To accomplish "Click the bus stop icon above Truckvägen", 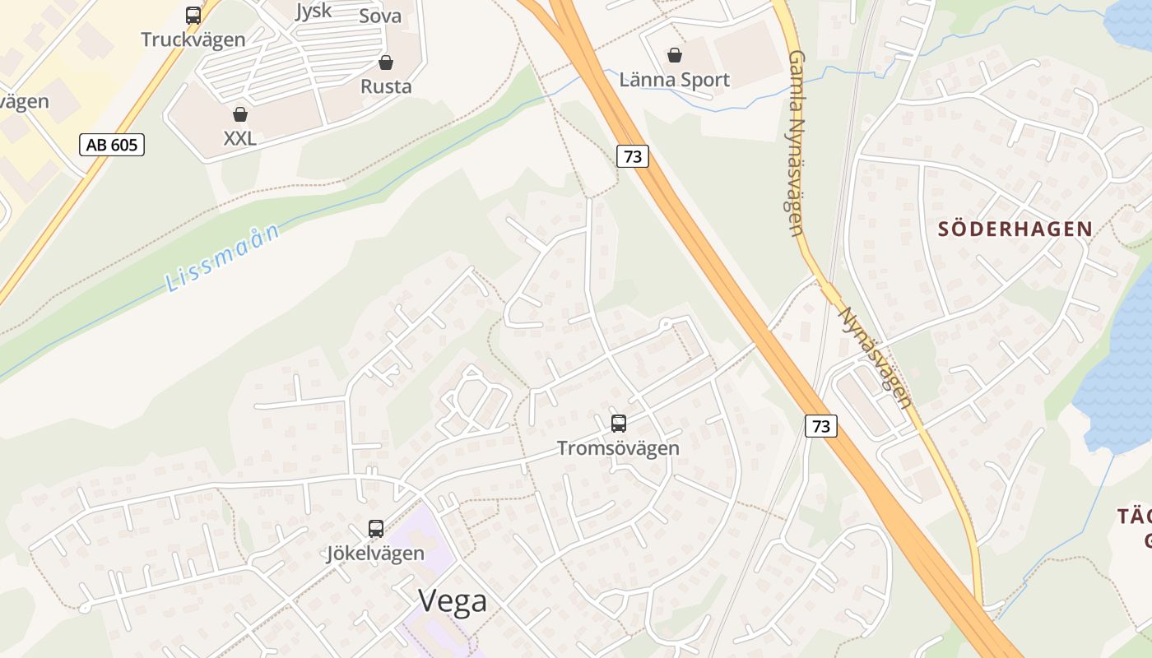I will tap(193, 15).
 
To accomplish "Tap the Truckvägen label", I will tap(193, 39).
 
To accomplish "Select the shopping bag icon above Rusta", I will tap(386, 63).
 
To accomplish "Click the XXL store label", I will tap(240, 138).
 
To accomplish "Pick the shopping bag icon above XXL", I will tap(240, 114).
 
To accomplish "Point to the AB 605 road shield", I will tap(112, 146).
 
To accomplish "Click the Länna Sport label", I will tap(675, 80).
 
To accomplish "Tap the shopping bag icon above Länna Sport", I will tap(675, 55).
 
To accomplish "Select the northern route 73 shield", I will tap(633, 156).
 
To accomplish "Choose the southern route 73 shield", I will tap(820, 426).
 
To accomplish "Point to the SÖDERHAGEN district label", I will tap(1015, 229).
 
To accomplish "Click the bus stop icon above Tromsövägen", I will tap(619, 424).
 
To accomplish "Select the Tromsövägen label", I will tap(618, 448).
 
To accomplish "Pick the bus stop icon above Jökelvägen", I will tap(376, 529).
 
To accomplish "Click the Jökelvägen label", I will tap(376, 553).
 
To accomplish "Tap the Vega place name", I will tap(453, 601).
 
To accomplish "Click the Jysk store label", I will tap(314, 11).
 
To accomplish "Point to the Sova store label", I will tap(380, 16).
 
